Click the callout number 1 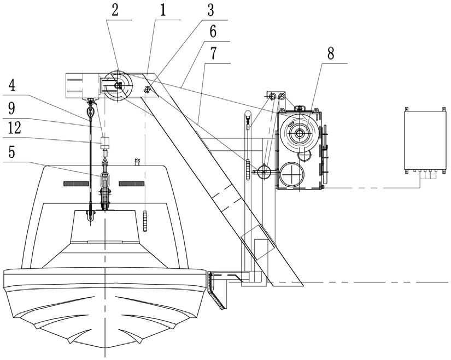click(163, 10)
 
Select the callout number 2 click(115, 10)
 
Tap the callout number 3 click(210, 10)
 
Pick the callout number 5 click(11, 152)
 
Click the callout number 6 click(213, 32)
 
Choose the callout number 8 click(331, 53)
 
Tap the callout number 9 click(12, 108)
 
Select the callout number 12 click(14, 128)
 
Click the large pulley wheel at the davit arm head click(119, 86)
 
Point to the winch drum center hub click(300, 133)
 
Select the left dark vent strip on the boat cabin click(75, 184)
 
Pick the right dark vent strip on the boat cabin click(131, 184)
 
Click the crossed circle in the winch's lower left click(292, 174)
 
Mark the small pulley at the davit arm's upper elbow click(147, 90)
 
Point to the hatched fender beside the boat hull click(215, 290)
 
